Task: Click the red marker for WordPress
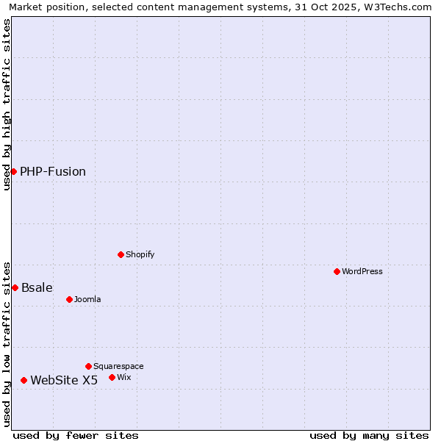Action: click(337, 271)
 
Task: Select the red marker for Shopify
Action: click(121, 254)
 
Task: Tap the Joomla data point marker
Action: click(70, 299)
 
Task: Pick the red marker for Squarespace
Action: click(89, 366)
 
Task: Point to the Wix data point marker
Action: click(112, 377)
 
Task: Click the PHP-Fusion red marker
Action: click(13, 171)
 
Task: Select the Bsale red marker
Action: click(15, 287)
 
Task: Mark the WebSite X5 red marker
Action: click(24, 380)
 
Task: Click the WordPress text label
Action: click(362, 271)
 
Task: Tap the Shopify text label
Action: click(140, 254)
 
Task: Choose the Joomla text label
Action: click(87, 299)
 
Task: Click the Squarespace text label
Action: click(118, 366)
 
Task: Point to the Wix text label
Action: click(124, 377)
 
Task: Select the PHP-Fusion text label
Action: click(53, 171)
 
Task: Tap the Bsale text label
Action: click(37, 287)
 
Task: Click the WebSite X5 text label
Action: click(64, 380)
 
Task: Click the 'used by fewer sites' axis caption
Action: click(76, 435)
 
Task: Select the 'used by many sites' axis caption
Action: click(369, 435)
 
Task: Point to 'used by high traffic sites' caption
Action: click(7, 104)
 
